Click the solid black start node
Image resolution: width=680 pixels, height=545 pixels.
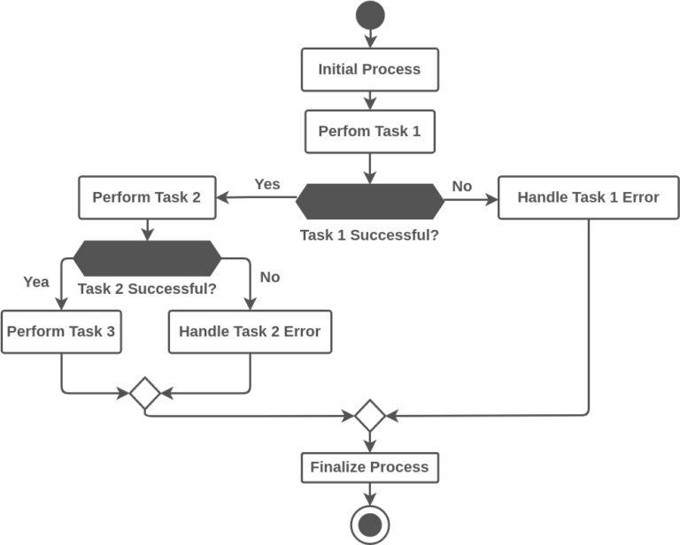[x=369, y=15]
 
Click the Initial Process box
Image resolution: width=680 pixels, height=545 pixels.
[x=369, y=70]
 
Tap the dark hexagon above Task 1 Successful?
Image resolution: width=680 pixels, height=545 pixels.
[x=369, y=201]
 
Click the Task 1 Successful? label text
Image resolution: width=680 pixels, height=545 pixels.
[x=369, y=235]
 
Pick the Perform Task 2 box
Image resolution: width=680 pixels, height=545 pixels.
[x=146, y=197]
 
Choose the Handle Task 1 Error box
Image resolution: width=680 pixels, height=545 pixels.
[x=588, y=197]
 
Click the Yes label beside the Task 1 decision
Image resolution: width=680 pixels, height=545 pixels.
[x=267, y=184]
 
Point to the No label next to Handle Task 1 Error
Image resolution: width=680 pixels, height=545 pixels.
[x=462, y=186]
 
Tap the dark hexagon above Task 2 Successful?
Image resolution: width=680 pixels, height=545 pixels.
[x=146, y=258]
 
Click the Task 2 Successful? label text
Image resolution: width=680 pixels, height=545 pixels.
[x=147, y=288]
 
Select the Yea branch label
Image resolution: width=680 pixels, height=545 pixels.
[x=35, y=281]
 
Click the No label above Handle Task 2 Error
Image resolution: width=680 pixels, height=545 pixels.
[x=270, y=277]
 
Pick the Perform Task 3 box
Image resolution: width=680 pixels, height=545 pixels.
[x=61, y=332]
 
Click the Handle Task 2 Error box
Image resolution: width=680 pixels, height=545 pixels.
[x=250, y=332]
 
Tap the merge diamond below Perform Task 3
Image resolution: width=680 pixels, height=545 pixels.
[x=143, y=393]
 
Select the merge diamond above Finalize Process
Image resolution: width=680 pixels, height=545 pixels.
[x=369, y=415]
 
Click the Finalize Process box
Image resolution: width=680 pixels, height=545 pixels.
[x=369, y=467]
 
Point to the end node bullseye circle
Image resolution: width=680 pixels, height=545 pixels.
[x=369, y=526]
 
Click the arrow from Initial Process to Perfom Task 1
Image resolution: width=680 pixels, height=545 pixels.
[x=369, y=100]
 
